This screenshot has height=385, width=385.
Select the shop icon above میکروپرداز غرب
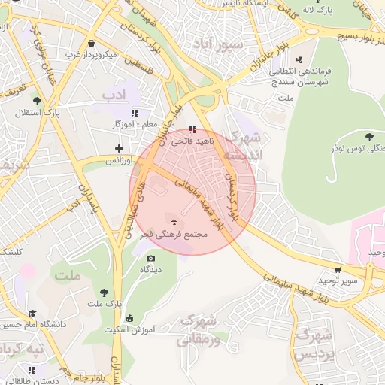pos(92,43)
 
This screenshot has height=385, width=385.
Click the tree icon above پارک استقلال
pos(36,101)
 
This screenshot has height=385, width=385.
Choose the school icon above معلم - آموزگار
pos(134,112)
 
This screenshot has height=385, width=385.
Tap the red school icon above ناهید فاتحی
pos(193,129)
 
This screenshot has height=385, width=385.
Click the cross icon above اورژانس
pos(118,148)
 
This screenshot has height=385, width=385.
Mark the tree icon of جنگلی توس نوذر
pos(368,136)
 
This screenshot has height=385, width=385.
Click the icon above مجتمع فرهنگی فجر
pos(174,223)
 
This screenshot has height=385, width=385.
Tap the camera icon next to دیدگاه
pos(150,259)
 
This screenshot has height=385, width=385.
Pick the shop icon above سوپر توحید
pos(339,269)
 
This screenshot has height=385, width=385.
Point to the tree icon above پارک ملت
pos(104,292)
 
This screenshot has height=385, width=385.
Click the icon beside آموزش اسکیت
pos(129,319)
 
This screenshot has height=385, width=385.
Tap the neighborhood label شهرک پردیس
pos(315,343)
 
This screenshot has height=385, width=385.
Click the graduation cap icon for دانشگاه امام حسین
pos(32,313)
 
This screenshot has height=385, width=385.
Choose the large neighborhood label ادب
pos(114,95)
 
